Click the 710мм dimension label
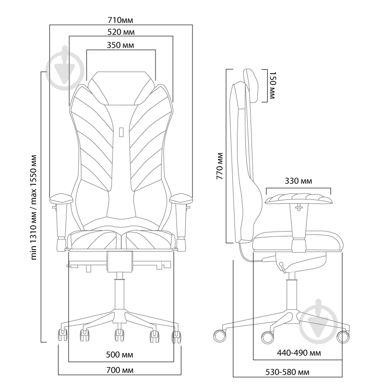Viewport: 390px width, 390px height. (120, 20)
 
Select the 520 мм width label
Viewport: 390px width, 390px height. (120, 32)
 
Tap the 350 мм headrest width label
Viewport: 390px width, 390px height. (120, 45)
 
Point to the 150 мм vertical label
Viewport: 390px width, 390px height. (272, 86)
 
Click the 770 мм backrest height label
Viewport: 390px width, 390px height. (220, 167)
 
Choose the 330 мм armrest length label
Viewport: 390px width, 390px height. (298, 181)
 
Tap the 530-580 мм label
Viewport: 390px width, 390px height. (287, 372)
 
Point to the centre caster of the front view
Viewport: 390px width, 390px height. (118, 334)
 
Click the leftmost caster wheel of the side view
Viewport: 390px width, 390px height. (220, 335)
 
